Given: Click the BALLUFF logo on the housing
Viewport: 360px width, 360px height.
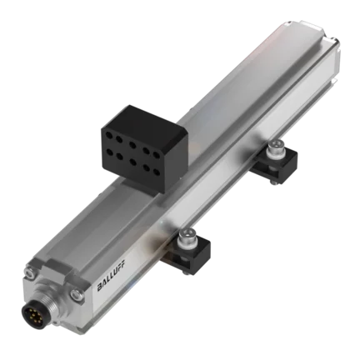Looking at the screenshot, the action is click(111, 275).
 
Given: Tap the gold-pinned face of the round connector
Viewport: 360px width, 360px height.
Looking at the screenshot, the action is click(31, 314).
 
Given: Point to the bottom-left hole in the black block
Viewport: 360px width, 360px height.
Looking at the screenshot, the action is click(109, 152).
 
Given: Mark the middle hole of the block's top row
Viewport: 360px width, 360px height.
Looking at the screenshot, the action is click(132, 145).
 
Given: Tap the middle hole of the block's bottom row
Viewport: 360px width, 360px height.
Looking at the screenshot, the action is click(132, 162).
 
